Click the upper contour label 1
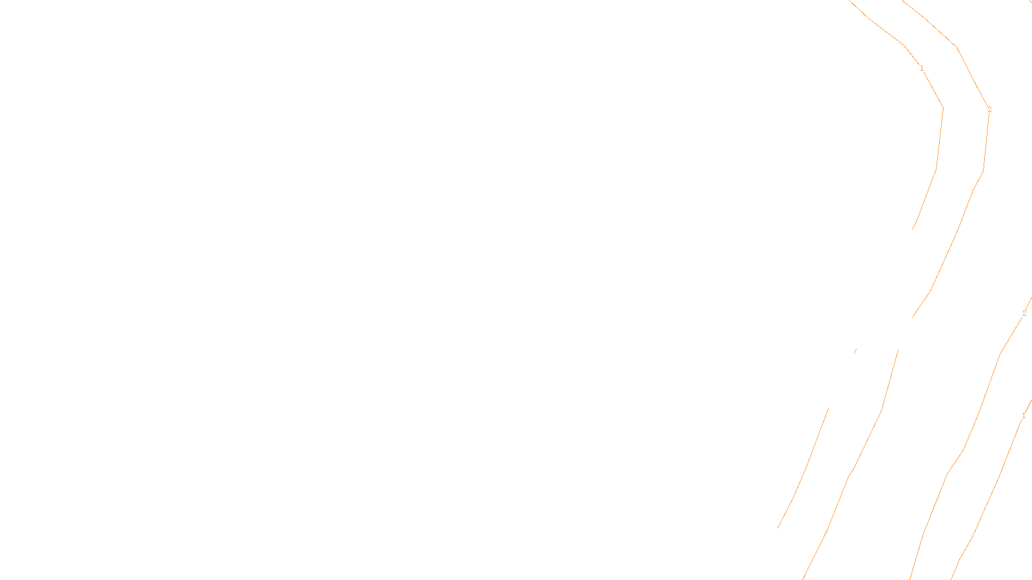[x=922, y=68]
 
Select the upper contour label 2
[x=989, y=110]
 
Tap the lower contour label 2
[x=1024, y=313]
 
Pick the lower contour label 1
[x=1024, y=416]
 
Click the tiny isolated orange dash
[x=855, y=351]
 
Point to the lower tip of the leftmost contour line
[x=778, y=528]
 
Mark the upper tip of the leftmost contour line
[x=828, y=408]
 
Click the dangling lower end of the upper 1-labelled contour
[x=913, y=229]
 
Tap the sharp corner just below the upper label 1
[x=943, y=108]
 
